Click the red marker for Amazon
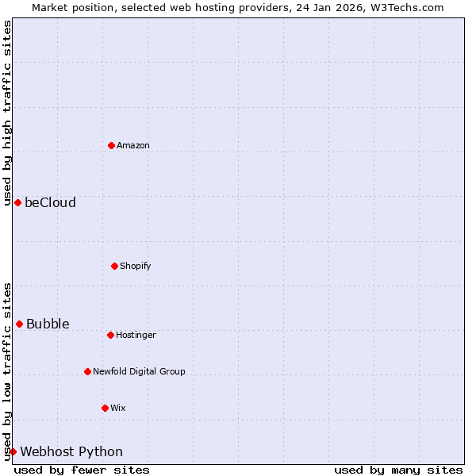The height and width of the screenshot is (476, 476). pos(111,145)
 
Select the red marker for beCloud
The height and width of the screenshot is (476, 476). pos(17,202)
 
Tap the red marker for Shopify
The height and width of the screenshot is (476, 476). pos(114,266)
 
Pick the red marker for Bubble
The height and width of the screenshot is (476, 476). pos(19,324)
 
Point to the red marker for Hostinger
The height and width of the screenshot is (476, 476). pos(110,335)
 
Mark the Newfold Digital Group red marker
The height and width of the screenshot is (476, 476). pos(87,371)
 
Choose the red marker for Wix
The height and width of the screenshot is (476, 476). pos(105,408)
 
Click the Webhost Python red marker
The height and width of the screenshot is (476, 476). pos(13,451)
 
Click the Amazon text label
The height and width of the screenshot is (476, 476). pos(133,145)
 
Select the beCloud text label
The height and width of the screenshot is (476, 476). pos(50,202)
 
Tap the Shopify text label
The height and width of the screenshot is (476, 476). pos(136,266)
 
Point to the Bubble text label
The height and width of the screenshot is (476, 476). pos(48,324)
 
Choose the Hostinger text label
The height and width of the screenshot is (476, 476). pos(136,335)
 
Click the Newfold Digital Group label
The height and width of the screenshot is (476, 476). pos(139,371)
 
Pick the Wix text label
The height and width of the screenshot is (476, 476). pos(118,408)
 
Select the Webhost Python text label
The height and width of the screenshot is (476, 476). pos(71,451)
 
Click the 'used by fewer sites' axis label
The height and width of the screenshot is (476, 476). pos(82,470)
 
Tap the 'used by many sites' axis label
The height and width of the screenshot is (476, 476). pos(398,470)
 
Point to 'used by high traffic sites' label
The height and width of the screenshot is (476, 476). pos(7,113)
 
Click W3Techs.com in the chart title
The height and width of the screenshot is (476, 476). pos(405,7)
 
